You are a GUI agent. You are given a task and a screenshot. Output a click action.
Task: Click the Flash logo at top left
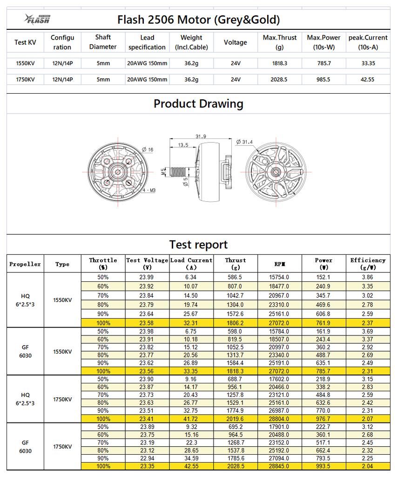pyautogui.click(x=37, y=19)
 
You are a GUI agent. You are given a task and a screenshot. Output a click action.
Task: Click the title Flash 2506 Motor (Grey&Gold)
pyautogui.click(x=199, y=20)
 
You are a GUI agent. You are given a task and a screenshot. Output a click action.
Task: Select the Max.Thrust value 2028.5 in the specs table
pyautogui.click(x=279, y=80)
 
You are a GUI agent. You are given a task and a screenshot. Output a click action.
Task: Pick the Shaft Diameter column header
pyautogui.click(x=103, y=42)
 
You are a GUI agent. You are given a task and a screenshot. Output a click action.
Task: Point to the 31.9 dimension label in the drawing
pyautogui.click(x=201, y=136)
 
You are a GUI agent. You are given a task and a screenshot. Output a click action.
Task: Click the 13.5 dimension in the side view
pyautogui.click(x=183, y=145)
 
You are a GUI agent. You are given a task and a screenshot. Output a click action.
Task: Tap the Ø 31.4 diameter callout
pyautogui.click(x=244, y=142)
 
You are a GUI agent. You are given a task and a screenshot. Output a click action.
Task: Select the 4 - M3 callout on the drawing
pyautogui.click(x=149, y=190)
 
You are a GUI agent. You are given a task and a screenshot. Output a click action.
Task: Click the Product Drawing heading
pyautogui.click(x=198, y=103)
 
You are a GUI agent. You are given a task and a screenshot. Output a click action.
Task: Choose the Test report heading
pyautogui.click(x=198, y=245)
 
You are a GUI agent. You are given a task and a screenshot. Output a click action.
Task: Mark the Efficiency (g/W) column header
pyautogui.click(x=368, y=264)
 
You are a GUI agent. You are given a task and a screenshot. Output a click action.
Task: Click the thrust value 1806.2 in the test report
pyautogui.click(x=235, y=322)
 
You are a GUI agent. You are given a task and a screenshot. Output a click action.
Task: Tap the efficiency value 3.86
pyautogui.click(x=368, y=277)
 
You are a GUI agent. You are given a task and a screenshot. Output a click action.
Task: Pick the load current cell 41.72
pyautogui.click(x=191, y=419)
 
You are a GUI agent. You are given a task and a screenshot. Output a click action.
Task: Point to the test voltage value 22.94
pyautogui.click(x=147, y=458)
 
